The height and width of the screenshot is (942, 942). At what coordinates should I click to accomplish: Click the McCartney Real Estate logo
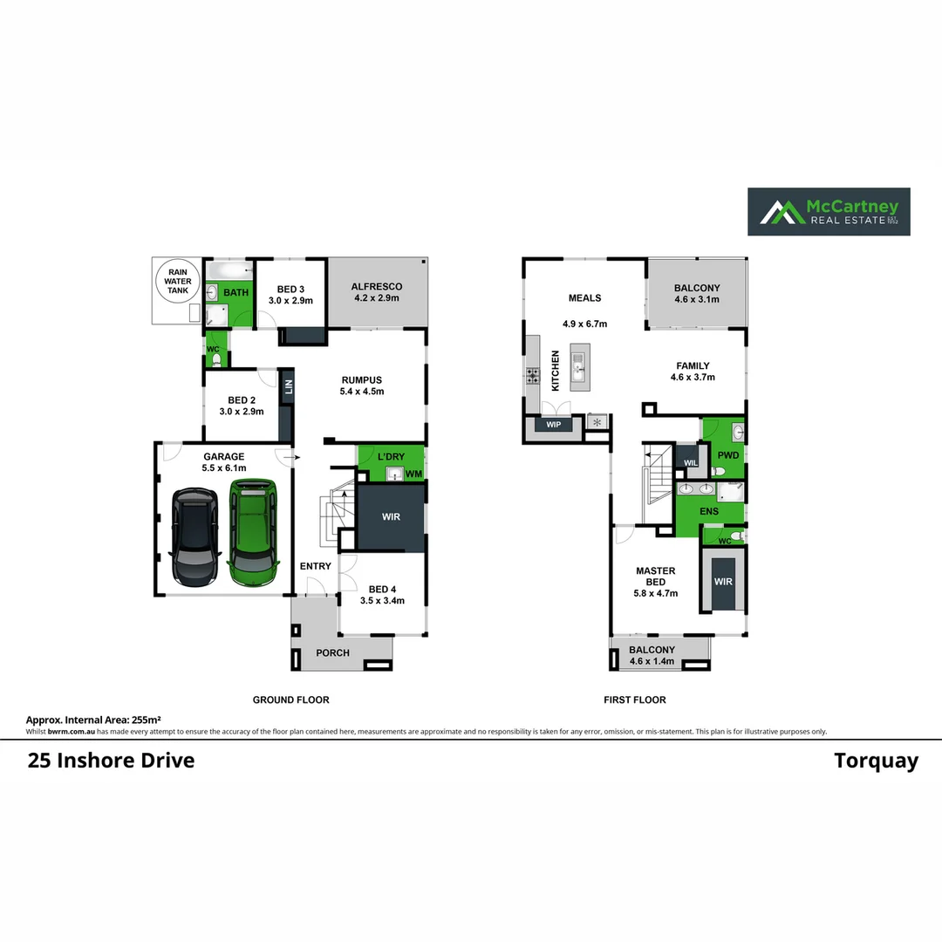pos(829,212)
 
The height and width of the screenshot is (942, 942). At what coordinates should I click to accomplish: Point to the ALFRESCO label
pos(376,286)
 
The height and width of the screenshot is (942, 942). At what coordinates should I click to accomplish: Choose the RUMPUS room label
pos(362,379)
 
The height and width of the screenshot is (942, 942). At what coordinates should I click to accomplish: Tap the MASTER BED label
pos(655,577)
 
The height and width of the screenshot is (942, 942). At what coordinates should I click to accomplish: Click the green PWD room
pos(727,454)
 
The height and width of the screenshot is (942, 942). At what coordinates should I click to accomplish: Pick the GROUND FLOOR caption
pos(290,700)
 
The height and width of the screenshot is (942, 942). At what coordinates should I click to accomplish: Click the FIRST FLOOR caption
pos(634,700)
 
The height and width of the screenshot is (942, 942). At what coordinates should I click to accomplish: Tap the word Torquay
pos(876,761)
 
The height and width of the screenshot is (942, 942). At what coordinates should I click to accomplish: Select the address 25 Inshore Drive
pos(112,761)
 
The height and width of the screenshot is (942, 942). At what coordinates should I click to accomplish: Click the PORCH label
pos(332,652)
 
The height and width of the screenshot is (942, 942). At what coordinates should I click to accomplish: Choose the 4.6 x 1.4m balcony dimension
pos(652,661)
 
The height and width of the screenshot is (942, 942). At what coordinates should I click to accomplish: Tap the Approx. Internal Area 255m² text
pos(94,720)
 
